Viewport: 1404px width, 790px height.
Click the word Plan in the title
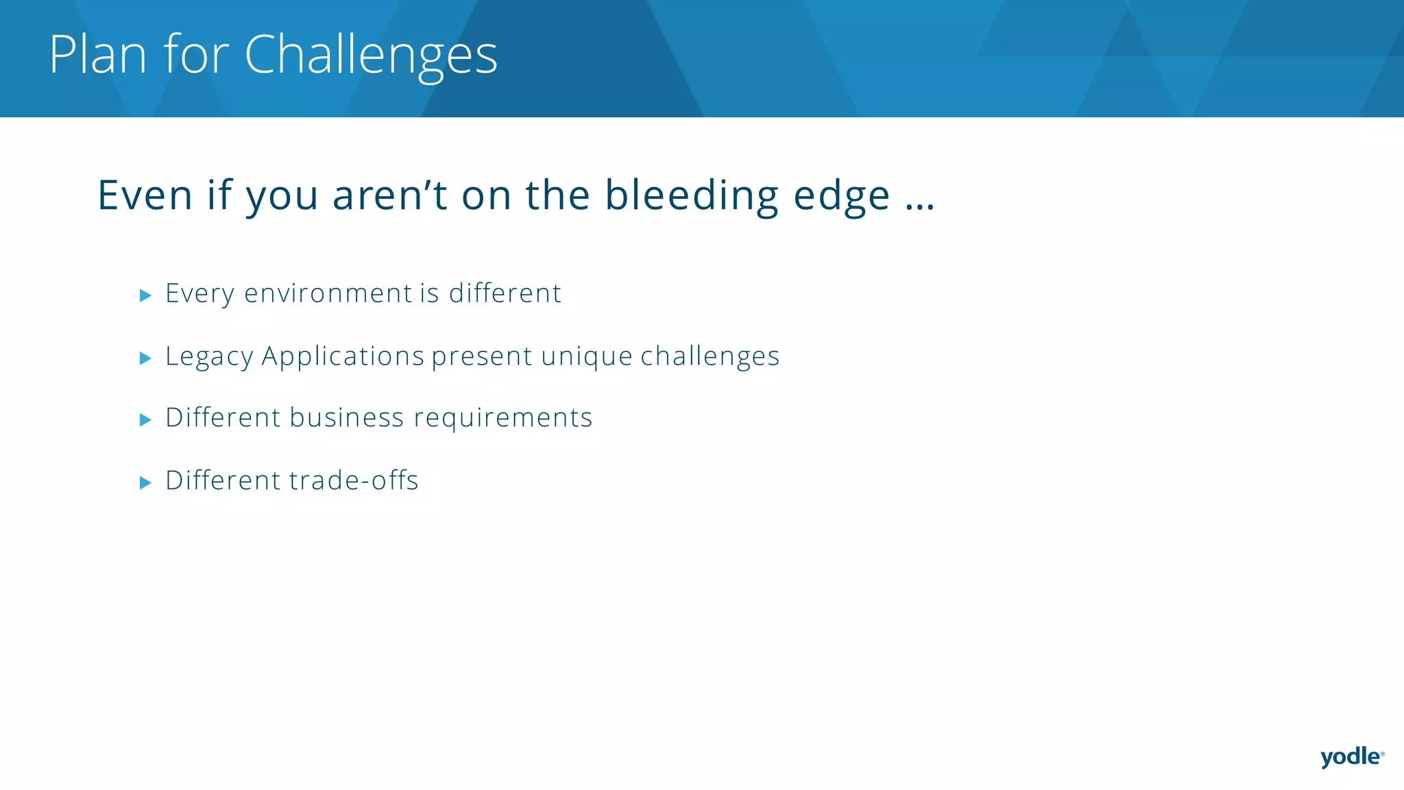98,54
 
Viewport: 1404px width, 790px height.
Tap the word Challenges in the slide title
370,56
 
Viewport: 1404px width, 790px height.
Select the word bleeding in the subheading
691,195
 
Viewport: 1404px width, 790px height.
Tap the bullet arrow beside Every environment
145,296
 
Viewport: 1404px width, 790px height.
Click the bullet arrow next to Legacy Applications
145,358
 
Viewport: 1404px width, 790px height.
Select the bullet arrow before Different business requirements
145,420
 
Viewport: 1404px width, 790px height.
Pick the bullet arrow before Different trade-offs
145,483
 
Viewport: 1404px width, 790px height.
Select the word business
346,418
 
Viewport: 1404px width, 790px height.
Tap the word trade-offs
353,481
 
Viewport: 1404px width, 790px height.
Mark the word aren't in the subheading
389,195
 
